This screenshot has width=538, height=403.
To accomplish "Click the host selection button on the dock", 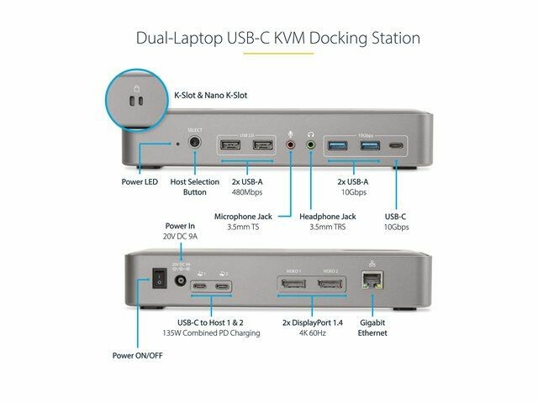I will pyautogui.click(x=197, y=144).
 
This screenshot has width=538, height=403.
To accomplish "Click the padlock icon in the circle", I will pyautogui.click(x=134, y=84).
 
